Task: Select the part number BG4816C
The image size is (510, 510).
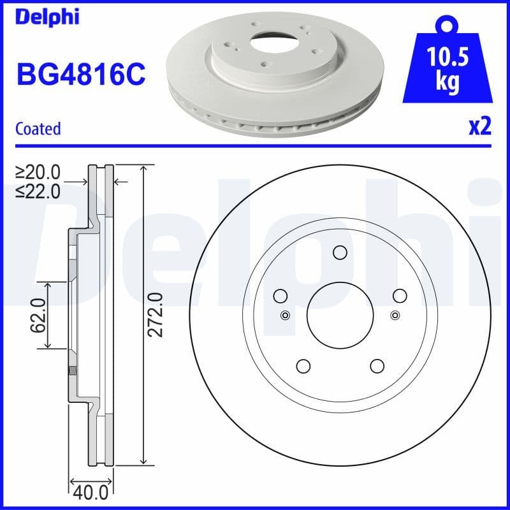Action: [x=80, y=75]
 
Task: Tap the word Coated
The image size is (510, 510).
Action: [x=38, y=129]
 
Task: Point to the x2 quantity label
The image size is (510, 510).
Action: [x=479, y=127]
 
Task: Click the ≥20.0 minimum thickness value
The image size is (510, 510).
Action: [x=38, y=172]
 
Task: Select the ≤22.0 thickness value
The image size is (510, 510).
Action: [x=38, y=190]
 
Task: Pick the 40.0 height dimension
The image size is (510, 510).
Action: [x=91, y=493]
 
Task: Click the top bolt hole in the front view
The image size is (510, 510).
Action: [x=340, y=252]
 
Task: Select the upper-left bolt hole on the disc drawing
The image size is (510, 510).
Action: [x=280, y=295]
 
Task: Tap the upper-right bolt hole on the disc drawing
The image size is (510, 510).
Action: [x=400, y=295]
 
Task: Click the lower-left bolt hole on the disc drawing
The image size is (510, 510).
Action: [x=303, y=366]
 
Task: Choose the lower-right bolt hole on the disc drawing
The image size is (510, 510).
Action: [x=377, y=366]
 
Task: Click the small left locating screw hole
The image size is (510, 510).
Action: [x=285, y=314]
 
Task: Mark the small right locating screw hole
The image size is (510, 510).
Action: [x=395, y=314]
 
